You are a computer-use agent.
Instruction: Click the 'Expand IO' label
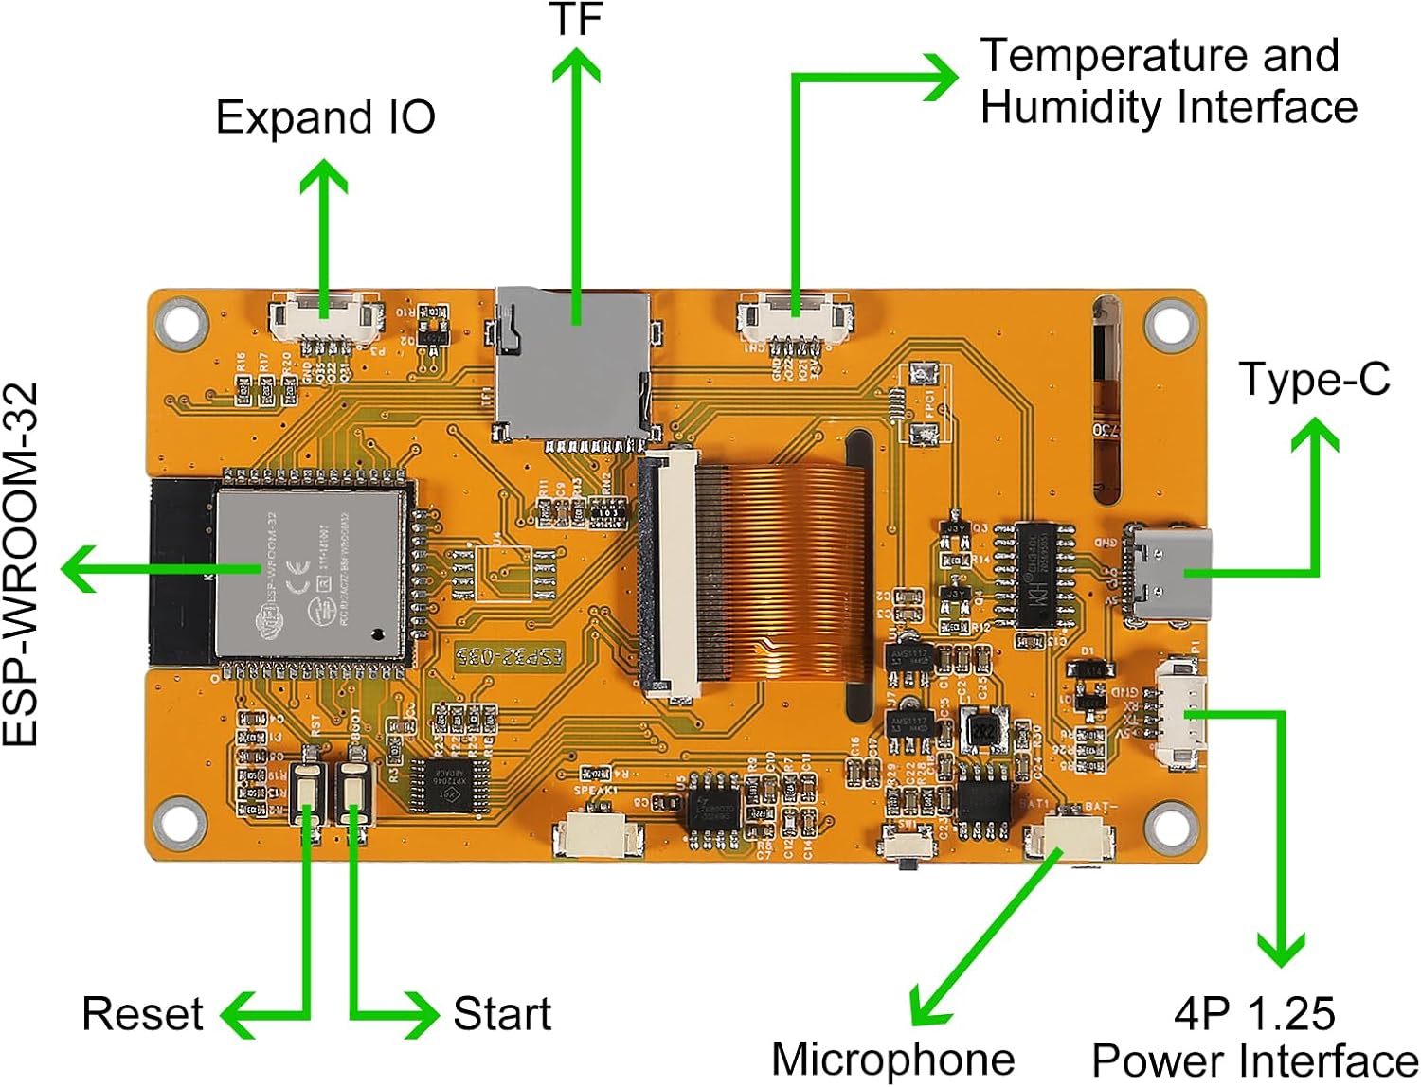click(325, 117)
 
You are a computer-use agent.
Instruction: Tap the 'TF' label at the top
click(576, 19)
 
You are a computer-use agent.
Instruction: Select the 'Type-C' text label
click(1313, 379)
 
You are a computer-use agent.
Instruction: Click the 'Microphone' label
click(892, 1059)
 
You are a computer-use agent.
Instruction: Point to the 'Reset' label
click(142, 1013)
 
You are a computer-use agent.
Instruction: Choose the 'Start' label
click(502, 1013)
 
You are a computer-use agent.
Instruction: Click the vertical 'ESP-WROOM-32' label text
click(21, 564)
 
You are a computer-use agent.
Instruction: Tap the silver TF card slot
click(572, 365)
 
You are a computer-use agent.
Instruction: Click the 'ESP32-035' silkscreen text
click(509, 656)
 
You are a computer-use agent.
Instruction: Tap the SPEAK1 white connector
click(598, 833)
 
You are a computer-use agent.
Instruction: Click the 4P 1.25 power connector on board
click(1180, 716)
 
